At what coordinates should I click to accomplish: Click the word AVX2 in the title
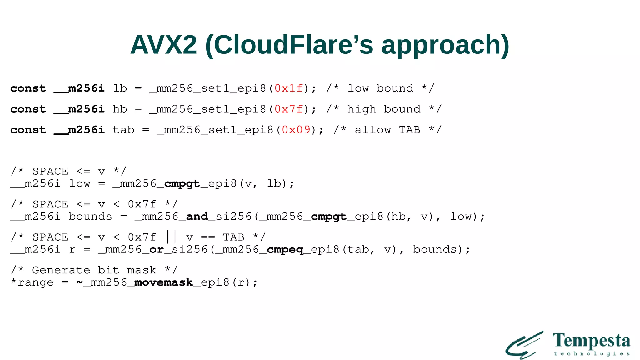click(163, 45)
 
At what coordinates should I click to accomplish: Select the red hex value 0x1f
click(289, 88)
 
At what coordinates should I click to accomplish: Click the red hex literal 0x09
click(296, 130)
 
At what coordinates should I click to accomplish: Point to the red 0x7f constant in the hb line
click(289, 109)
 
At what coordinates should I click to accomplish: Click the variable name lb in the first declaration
click(120, 88)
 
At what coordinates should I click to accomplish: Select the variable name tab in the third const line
click(123, 130)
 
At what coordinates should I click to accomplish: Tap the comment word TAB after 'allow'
click(409, 130)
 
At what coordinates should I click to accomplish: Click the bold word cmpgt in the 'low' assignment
click(182, 184)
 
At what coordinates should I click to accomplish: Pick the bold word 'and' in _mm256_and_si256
click(197, 217)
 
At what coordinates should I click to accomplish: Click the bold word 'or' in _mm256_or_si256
click(157, 250)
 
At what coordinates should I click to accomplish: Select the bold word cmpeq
click(285, 250)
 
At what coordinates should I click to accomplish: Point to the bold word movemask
click(163, 283)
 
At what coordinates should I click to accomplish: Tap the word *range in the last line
click(32, 283)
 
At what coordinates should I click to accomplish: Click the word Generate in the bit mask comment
click(61, 270)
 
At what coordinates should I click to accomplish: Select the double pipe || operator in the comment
click(171, 237)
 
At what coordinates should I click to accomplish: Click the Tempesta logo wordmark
click(591, 341)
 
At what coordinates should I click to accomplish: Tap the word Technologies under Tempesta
click(592, 354)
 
